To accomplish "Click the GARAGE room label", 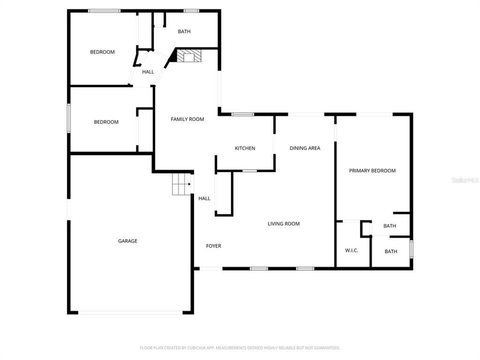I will point(127,241).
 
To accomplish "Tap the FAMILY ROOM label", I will point(187,119).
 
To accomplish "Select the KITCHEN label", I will point(245,148).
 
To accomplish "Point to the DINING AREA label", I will point(305,148).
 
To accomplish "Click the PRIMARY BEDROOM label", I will point(372,170).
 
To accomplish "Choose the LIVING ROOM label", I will point(283,223).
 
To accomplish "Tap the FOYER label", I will point(213,246).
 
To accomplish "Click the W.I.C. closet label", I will point(351,250).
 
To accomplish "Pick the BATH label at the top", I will point(184,31).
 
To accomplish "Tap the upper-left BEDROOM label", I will point(102,52).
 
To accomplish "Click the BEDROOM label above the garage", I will point(106,122).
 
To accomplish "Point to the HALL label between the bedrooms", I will point(148,72).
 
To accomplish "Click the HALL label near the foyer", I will point(204,198).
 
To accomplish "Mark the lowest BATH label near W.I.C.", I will point(391,251).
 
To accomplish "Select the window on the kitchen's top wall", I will point(243,114).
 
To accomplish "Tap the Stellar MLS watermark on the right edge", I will point(464,179).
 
